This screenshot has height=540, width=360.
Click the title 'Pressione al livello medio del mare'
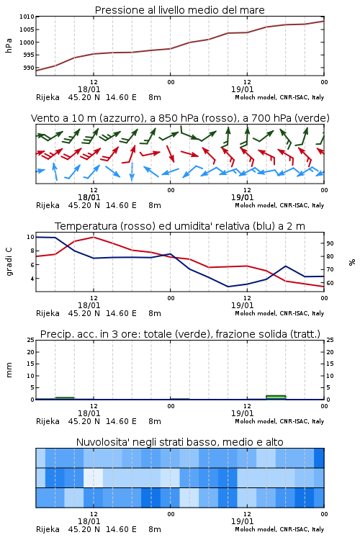[179, 10]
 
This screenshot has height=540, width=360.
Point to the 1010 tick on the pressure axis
[27, 17]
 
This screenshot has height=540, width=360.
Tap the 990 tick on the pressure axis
[29, 68]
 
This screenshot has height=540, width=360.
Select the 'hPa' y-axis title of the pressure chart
[9, 45]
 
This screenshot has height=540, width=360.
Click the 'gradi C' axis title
[9, 262]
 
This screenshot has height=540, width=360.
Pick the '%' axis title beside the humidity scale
[352, 262]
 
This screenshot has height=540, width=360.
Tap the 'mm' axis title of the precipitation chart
[9, 370]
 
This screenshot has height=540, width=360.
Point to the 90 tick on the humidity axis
[330, 243]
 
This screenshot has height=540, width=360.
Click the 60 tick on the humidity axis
[330, 283]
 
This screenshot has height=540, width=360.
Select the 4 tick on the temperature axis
[32, 279]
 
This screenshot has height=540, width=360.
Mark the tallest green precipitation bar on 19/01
[276, 397]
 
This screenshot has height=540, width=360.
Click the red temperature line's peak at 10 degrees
[94, 237]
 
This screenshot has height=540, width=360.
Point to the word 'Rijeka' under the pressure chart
[48, 97]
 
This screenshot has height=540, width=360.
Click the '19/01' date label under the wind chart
[242, 197]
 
